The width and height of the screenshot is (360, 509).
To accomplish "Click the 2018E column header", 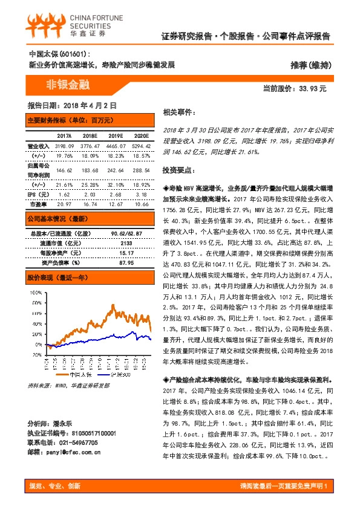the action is [x=90, y=135].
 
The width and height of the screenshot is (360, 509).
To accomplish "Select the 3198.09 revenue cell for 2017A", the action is [x=64, y=146].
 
